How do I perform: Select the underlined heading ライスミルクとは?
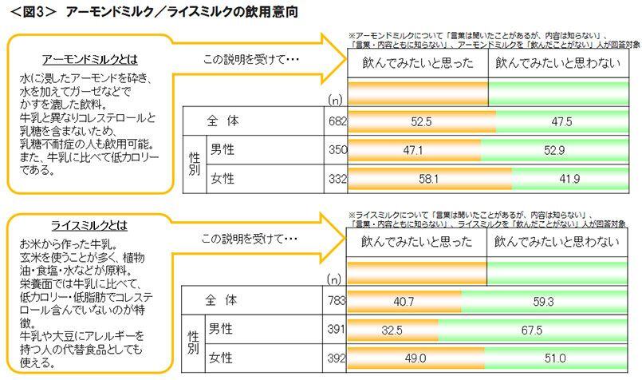click(89, 226)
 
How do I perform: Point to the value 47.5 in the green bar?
click(561, 122)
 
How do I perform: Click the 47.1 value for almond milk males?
click(413, 149)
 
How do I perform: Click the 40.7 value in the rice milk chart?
click(404, 302)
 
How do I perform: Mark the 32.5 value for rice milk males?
click(392, 330)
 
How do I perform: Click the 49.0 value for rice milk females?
click(416, 358)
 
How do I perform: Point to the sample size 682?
click(337, 122)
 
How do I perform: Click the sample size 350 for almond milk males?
click(337, 149)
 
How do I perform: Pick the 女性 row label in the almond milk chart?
click(223, 178)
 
